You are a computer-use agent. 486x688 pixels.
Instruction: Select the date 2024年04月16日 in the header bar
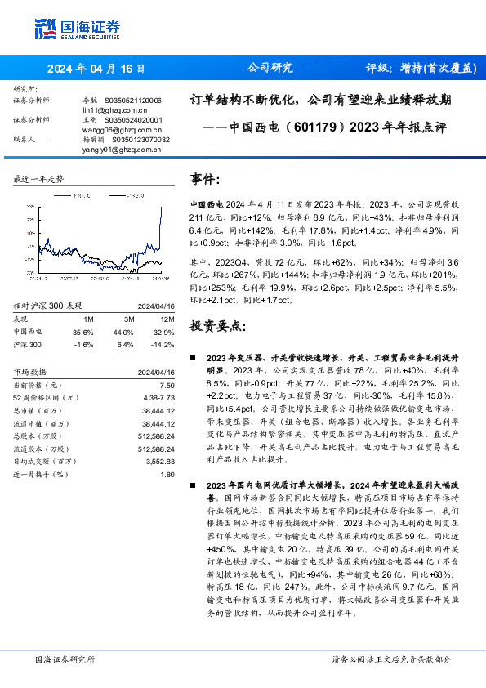[x=96, y=68]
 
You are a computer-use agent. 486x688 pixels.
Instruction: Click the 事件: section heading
[x=205, y=179]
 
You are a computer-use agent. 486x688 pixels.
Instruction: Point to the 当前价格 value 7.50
[x=167, y=385]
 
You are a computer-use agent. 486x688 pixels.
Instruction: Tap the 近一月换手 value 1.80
[x=167, y=474]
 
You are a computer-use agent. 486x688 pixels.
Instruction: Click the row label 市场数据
[x=32, y=372]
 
